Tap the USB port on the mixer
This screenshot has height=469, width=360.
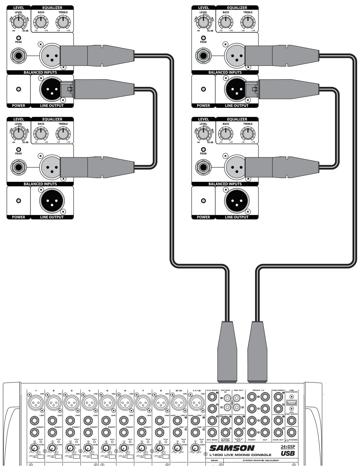pos(292,402)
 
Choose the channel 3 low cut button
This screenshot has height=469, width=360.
pos(77,456)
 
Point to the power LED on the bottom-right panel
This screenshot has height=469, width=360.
pos(203,201)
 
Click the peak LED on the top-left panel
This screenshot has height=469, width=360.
pos(19,38)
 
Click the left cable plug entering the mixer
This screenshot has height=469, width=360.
pos(227,351)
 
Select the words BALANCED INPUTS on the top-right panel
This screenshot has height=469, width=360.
pos(225,72)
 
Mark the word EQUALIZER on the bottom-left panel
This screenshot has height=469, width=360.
pos(52,119)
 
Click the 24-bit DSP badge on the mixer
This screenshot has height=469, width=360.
pos(288,448)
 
